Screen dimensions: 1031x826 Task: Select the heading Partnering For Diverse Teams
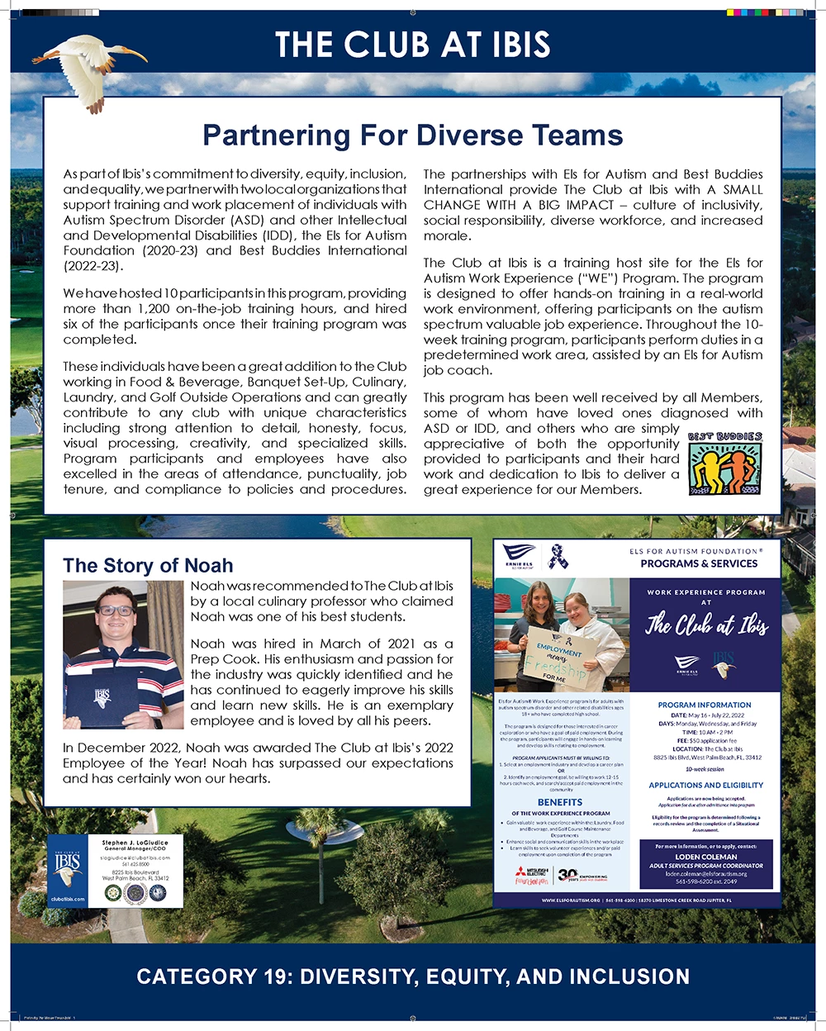pyautogui.click(x=412, y=135)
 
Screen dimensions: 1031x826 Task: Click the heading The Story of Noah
pyautogui.click(x=148, y=565)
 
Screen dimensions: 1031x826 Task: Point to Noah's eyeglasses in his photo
pyautogui.click(x=115, y=611)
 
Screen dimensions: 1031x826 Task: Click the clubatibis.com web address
pyautogui.click(x=68, y=899)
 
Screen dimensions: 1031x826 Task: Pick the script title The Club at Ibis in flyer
pyautogui.click(x=705, y=625)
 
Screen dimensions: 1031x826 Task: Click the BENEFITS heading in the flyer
pyautogui.click(x=560, y=802)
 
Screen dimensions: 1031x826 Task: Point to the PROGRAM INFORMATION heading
pyautogui.click(x=705, y=705)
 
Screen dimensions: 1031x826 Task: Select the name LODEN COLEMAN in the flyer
pyautogui.click(x=705, y=857)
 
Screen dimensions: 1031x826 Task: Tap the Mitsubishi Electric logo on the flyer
pyautogui.click(x=530, y=876)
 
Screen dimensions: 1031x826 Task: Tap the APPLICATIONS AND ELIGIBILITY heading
pyautogui.click(x=705, y=785)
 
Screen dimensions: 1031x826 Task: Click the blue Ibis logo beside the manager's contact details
pyautogui.click(x=68, y=867)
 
